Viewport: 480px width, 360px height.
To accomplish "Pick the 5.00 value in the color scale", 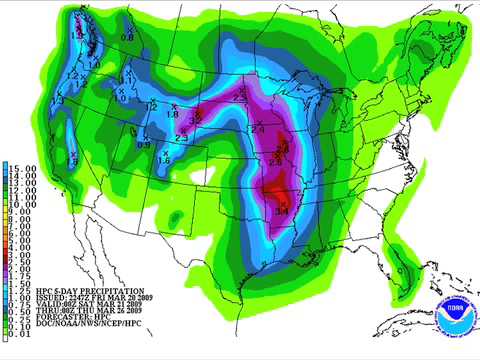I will coord(22,241).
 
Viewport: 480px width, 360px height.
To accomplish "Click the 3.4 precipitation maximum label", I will coord(282,212).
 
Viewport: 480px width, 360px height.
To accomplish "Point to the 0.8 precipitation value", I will coord(127,37).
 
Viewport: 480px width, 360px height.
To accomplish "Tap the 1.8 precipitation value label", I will coord(172,115).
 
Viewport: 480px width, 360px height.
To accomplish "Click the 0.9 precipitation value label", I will coord(143,146).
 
